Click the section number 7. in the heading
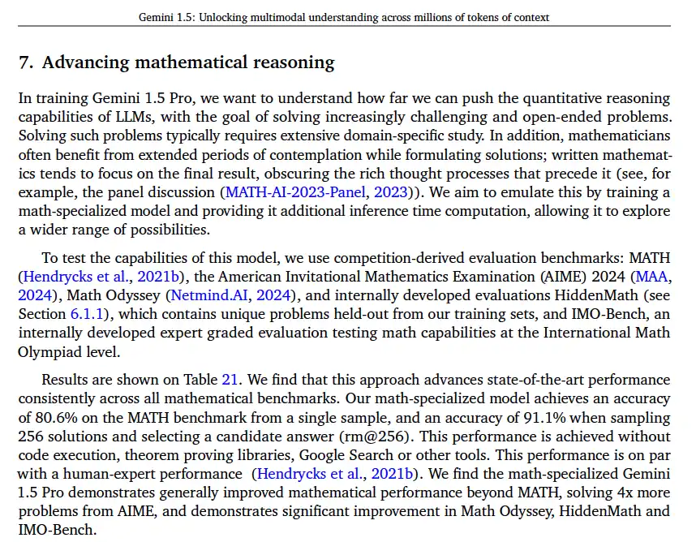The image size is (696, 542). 27,62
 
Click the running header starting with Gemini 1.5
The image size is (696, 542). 344,17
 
